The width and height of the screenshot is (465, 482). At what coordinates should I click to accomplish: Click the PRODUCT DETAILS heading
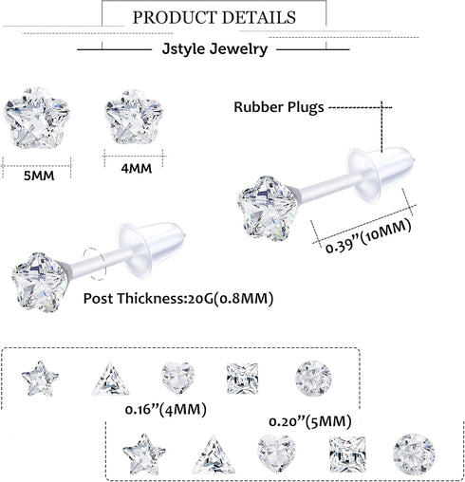tap(214, 17)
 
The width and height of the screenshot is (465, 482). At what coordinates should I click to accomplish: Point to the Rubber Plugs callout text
tap(279, 107)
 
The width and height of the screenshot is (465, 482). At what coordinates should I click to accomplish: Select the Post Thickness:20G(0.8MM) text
tap(178, 298)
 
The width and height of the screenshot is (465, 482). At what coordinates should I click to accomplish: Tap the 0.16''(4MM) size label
tap(166, 410)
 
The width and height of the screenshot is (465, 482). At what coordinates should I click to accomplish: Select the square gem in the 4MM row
tap(241, 378)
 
